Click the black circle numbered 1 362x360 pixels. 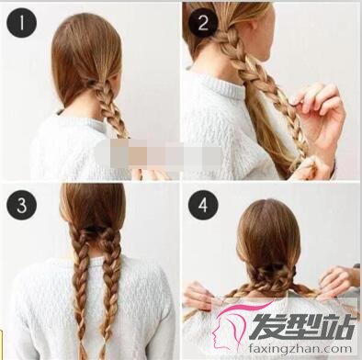pos(21,22)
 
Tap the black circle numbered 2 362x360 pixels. pos(203,22)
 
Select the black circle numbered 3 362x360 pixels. pos(21,205)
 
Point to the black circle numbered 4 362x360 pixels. pos(203,205)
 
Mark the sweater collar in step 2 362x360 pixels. pos(221,84)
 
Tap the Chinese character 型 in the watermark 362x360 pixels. pos(301,326)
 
